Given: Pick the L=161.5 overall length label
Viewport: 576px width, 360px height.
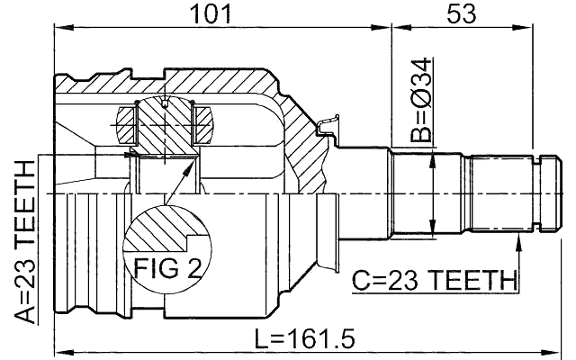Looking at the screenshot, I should (303, 339).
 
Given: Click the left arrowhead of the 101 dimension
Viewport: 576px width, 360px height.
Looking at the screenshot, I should (60, 30).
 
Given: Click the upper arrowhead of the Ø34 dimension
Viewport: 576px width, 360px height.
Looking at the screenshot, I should (435, 157).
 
